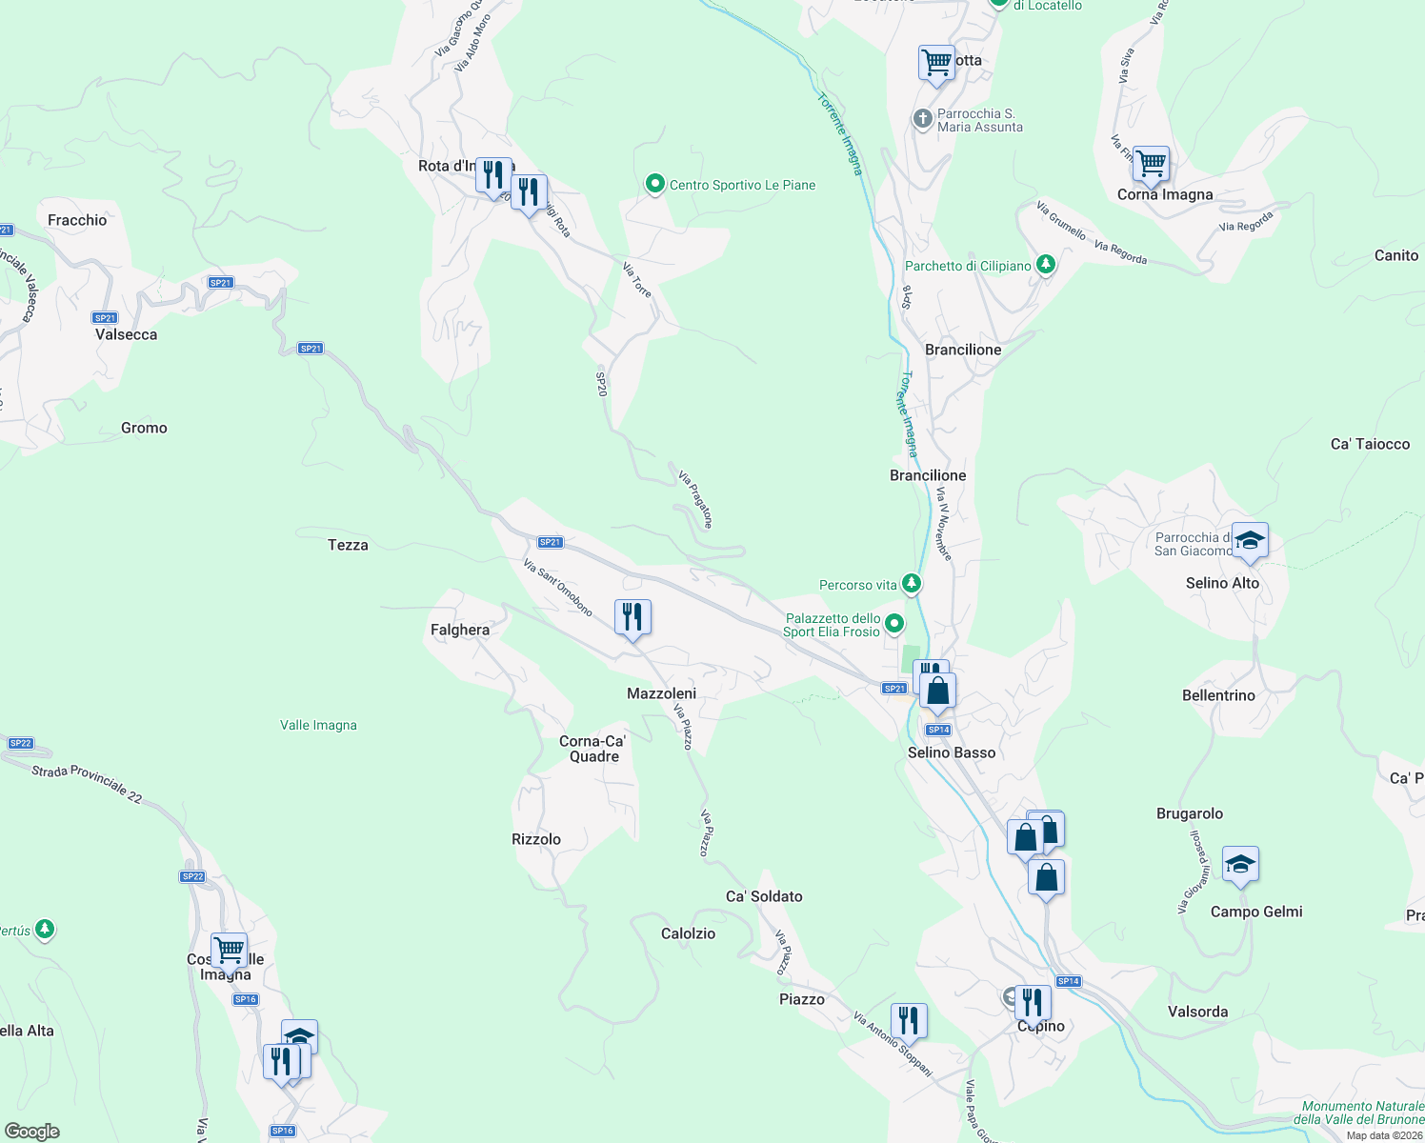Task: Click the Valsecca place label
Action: point(126,334)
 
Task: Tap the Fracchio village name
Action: point(77,220)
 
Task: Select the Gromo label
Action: point(144,428)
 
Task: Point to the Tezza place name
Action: point(348,545)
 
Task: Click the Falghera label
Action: point(460,630)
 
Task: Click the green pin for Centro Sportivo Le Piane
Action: point(654,184)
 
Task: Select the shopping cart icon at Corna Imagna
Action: point(1151,164)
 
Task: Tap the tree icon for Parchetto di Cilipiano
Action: point(1046,264)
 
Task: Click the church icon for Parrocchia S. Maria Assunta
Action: point(922,119)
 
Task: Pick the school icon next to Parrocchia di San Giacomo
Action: point(1250,541)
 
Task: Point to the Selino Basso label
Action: point(952,752)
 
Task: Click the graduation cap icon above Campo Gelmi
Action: point(1240,865)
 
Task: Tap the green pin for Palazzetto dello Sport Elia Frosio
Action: point(894,624)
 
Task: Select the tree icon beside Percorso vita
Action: point(912,583)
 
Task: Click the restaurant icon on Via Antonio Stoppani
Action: point(909,1021)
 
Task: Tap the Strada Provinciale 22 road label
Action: point(87,784)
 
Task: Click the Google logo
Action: point(32,1132)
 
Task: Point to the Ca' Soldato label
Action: point(764,896)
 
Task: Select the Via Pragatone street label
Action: point(695,498)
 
